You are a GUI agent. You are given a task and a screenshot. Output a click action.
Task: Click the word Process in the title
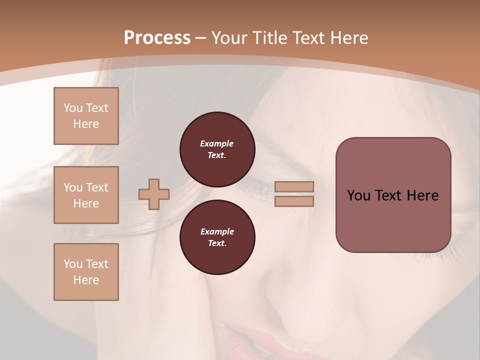pos(157,38)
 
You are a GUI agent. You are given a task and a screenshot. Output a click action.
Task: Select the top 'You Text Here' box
pos(86,116)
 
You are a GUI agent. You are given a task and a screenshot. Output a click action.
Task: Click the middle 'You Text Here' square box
pos(86,195)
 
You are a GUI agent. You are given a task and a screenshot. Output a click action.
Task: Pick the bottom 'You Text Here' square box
pos(86,272)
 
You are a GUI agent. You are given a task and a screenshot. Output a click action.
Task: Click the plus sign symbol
pos(154,194)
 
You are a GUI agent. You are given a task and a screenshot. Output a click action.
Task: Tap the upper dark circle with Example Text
pos(217,149)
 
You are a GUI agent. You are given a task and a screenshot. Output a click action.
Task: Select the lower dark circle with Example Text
pos(217,237)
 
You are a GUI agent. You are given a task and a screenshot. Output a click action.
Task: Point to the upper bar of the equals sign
pos(294,186)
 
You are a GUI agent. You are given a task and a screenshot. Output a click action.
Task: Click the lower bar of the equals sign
pos(294,201)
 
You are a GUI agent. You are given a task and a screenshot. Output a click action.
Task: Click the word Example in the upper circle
pos(217,143)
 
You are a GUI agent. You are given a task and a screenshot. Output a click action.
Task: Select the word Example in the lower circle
pos(217,231)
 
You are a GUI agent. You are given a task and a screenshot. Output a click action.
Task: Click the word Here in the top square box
pos(86,124)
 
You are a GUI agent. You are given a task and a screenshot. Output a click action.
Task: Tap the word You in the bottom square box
pos(73,264)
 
